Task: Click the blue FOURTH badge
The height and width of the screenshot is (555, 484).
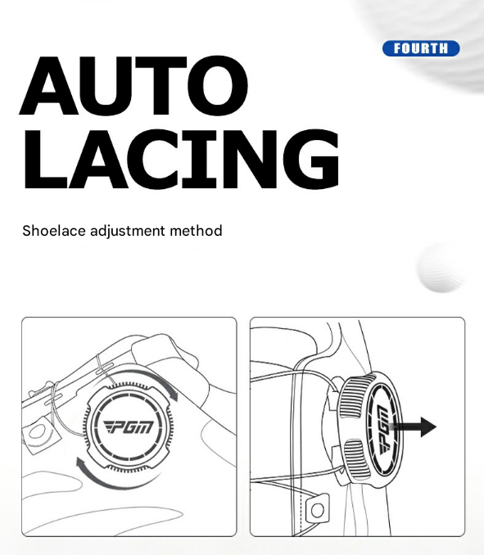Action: [421, 48]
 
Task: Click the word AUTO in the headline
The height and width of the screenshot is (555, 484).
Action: [133, 87]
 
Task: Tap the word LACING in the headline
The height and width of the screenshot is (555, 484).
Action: [181, 158]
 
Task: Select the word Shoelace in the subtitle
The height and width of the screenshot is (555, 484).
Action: [54, 231]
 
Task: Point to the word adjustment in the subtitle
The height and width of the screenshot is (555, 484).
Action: [128, 232]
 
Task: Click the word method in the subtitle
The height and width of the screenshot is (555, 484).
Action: [196, 231]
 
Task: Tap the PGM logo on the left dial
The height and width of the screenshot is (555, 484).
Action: [129, 426]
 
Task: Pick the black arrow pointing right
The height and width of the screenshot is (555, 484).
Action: [414, 426]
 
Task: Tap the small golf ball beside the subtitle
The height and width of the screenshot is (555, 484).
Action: [441, 268]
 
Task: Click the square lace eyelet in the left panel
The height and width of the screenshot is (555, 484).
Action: [38, 433]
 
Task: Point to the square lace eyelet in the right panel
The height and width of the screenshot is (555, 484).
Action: [317, 509]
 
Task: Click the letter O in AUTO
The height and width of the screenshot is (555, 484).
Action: [218, 87]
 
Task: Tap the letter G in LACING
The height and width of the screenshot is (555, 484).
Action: [311, 158]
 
